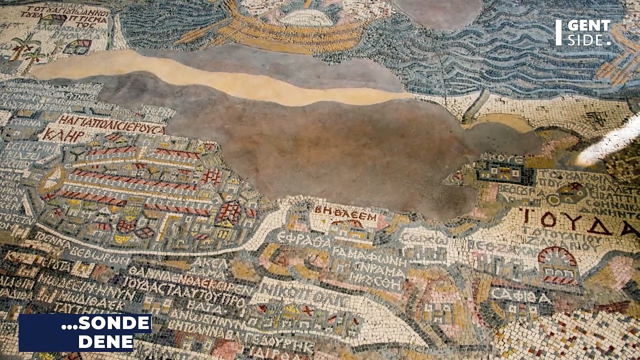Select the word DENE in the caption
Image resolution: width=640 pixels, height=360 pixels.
[106, 342]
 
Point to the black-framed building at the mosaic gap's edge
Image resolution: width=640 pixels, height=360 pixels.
[505, 172]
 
